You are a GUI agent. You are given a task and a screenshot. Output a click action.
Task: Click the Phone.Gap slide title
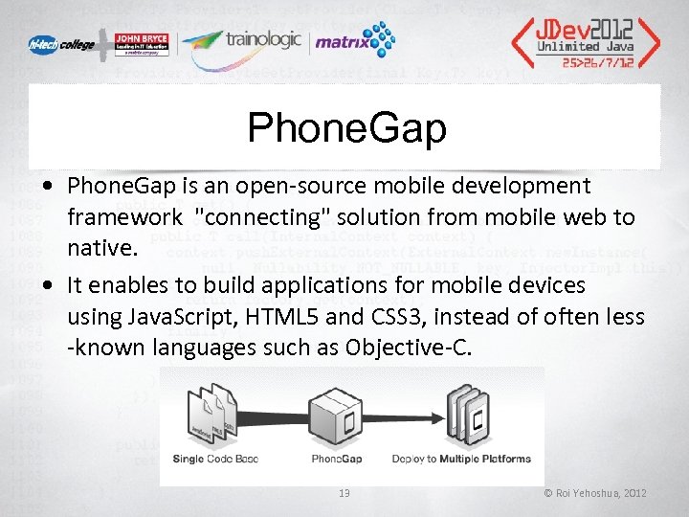345,128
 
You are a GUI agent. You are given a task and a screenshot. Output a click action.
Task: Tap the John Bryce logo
143,44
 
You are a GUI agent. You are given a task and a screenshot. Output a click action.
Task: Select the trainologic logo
244,41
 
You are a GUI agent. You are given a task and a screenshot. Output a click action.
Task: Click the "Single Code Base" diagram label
215,459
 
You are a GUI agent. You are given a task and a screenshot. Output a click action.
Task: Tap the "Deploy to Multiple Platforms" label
459,459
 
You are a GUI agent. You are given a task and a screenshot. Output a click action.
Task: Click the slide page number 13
344,493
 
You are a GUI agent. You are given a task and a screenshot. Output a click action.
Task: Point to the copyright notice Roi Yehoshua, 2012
595,493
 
